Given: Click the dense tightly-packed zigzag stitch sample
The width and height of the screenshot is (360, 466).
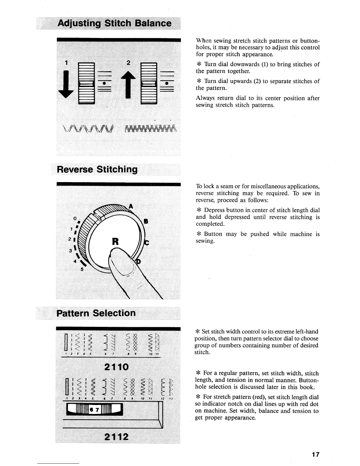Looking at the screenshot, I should (151, 128).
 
